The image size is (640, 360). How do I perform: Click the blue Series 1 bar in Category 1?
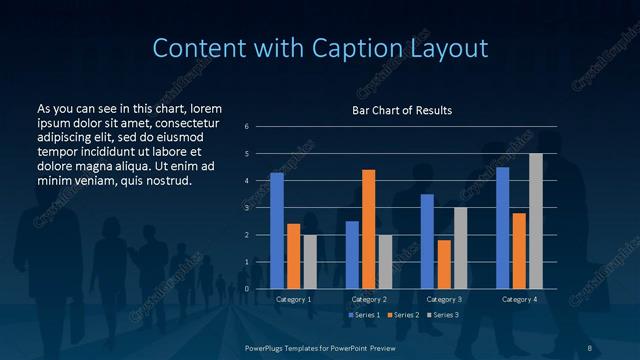pos(277,231)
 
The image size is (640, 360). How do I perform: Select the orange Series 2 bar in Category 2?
pos(368,229)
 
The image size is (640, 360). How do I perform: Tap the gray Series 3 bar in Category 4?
pos(535,221)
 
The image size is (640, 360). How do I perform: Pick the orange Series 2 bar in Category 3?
pos(443,264)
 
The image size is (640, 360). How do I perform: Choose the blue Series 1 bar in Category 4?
pos(502,228)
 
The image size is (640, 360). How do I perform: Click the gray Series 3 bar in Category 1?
pos(310,262)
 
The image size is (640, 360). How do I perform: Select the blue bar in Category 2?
pos(352,255)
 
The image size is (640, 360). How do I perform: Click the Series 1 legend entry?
pos(362,315)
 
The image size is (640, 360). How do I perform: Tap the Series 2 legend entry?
pos(404,315)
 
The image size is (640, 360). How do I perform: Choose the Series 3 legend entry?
pos(445,315)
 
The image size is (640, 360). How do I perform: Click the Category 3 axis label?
pos(443,299)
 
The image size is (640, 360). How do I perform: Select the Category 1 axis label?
pos(293,299)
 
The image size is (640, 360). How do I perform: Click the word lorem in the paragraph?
pos(205,107)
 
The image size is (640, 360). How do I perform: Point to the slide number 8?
pos(589,346)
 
